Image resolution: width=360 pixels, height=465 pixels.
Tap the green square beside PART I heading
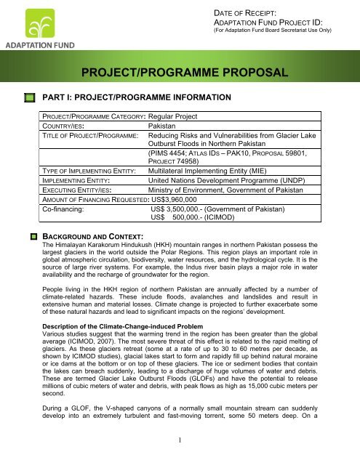[30, 97]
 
